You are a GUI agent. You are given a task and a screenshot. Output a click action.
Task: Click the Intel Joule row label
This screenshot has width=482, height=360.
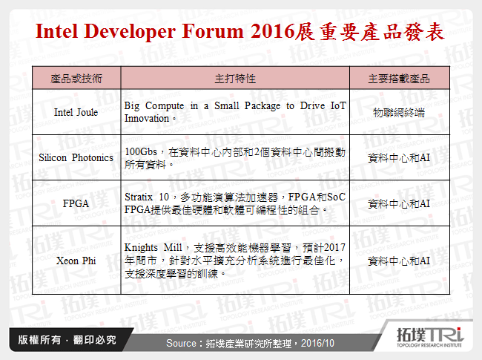76,113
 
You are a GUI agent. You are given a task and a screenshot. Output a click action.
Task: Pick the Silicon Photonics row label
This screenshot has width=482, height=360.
76,157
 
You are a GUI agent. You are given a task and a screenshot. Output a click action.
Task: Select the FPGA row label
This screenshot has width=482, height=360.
76,203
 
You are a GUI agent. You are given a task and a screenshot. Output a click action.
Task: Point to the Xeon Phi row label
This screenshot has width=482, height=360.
76,261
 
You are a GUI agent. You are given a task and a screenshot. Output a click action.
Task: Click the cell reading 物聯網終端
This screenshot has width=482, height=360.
399,113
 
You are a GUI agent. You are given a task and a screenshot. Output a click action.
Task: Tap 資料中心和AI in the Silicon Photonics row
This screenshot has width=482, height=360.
399,157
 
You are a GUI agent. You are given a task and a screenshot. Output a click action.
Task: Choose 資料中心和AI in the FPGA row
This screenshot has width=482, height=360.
399,203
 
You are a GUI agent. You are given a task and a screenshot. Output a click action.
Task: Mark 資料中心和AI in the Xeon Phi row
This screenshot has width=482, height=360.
399,261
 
